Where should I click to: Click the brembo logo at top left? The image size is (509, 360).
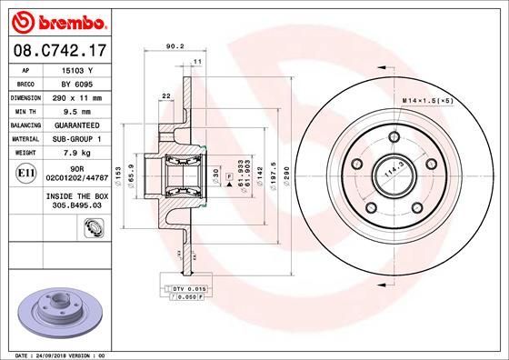(x=57, y=19)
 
